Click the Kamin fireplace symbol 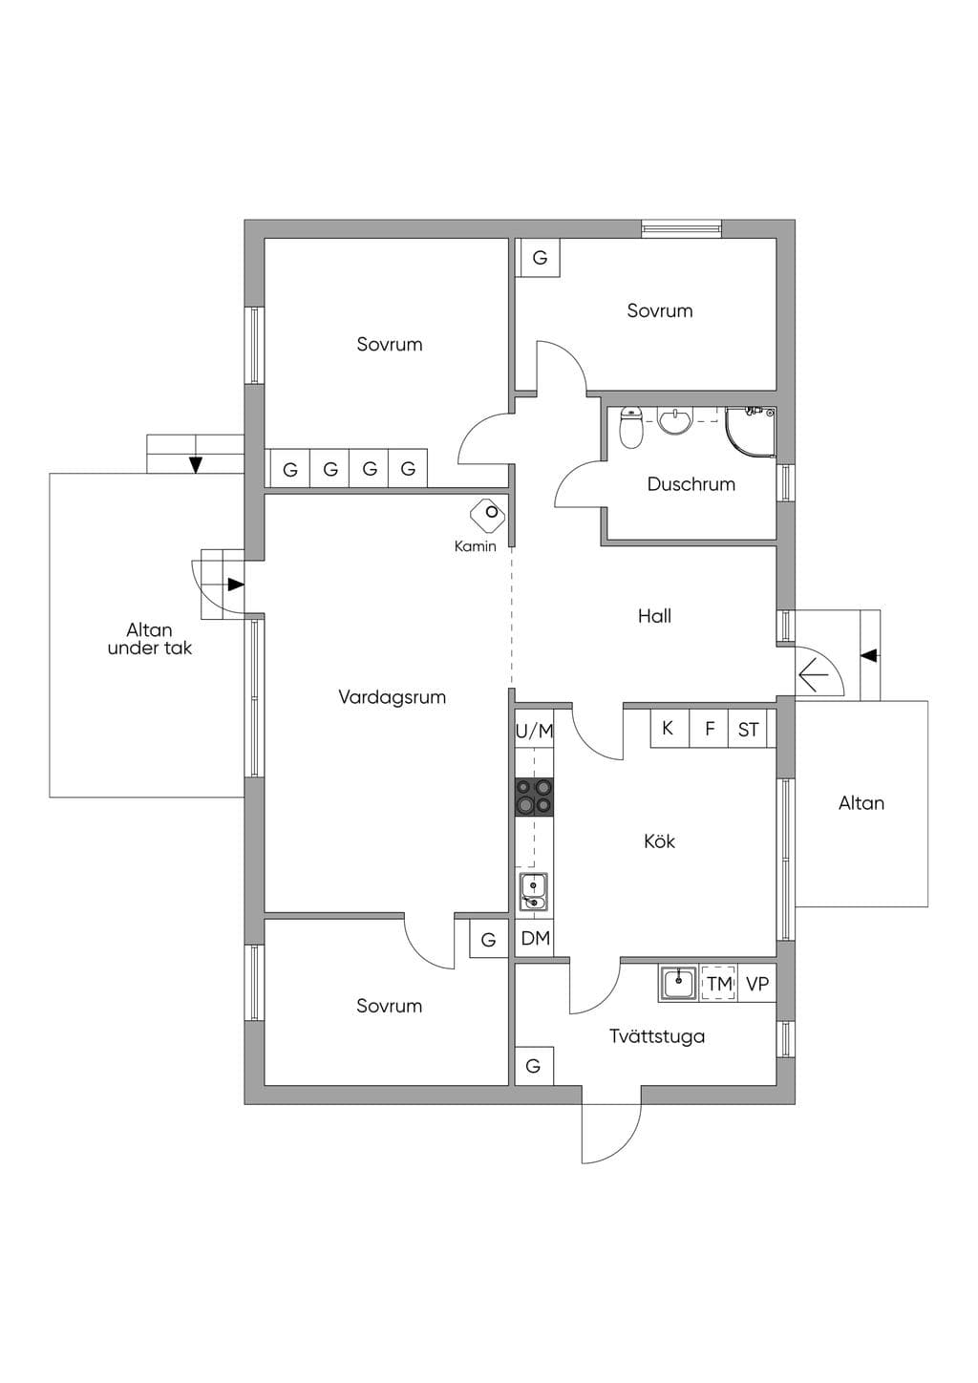tap(488, 514)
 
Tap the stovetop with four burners tap(534, 798)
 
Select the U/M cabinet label tap(534, 731)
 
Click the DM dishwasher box tap(535, 939)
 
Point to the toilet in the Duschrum tap(631, 427)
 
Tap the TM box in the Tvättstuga tap(718, 984)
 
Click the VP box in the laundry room tap(757, 984)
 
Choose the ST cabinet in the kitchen tap(749, 729)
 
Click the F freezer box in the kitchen tap(709, 729)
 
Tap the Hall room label tap(654, 615)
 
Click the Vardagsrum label tap(393, 697)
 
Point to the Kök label tap(659, 840)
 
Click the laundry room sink tap(678, 984)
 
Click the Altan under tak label tap(149, 639)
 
